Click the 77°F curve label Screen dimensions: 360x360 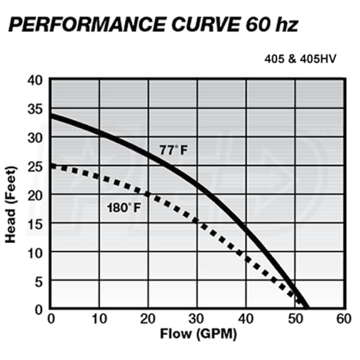[173, 150]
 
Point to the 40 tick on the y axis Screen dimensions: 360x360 [36, 80]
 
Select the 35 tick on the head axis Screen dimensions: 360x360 [36, 109]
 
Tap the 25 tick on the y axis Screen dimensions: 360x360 [36, 166]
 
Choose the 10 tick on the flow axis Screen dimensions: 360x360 [100, 318]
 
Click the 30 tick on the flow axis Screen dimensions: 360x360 [197, 318]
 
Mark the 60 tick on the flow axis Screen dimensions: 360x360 [344, 318]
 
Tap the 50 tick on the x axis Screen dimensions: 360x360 [295, 318]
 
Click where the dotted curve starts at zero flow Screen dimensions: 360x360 [51, 166]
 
